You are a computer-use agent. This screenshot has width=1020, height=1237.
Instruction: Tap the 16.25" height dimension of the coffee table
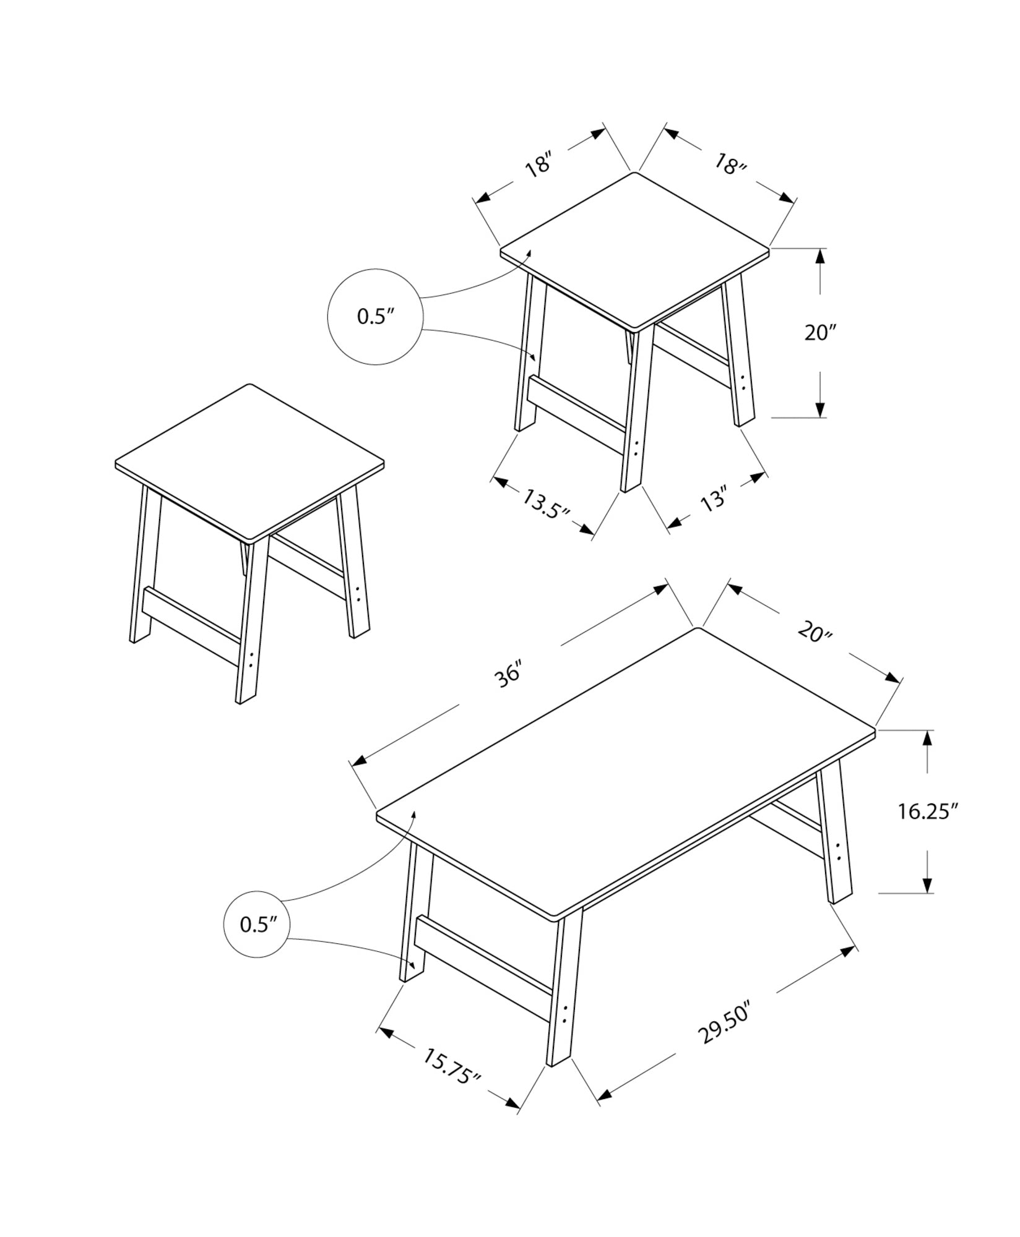pyautogui.click(x=928, y=811)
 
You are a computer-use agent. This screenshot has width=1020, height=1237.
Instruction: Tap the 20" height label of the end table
pyautogui.click(x=820, y=333)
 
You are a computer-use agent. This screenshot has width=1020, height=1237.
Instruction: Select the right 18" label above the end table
pyautogui.click(x=730, y=165)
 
